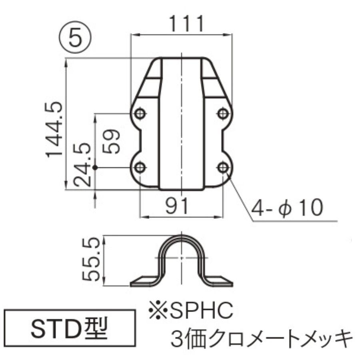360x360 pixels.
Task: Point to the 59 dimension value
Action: [x=111, y=141]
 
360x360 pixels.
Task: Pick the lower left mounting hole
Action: [x=140, y=167]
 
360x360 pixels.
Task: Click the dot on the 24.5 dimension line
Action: [x=95, y=167]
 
